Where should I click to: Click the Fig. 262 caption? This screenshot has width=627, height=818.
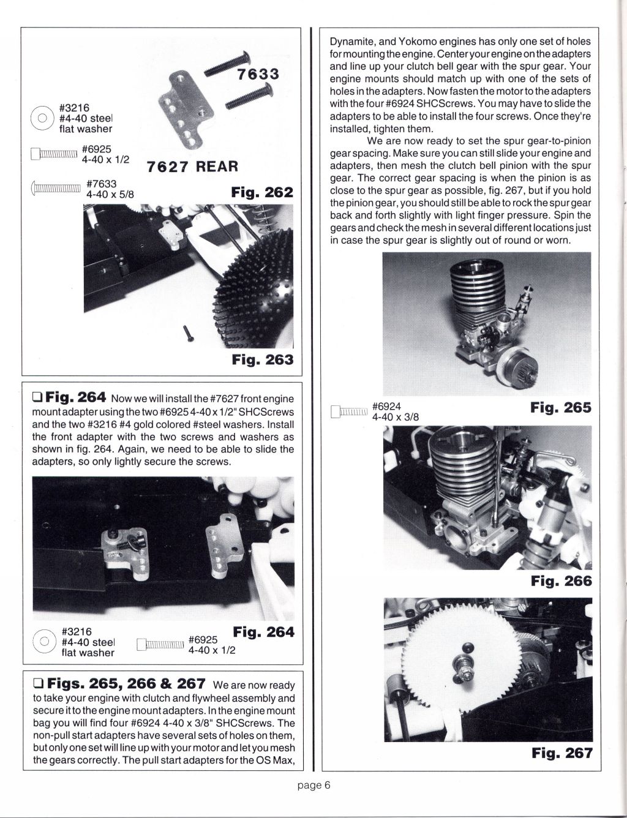(262, 192)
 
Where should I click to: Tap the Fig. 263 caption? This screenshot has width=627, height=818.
(262, 359)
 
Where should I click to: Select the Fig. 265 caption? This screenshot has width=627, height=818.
(561, 407)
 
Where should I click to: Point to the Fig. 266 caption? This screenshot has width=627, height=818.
(561, 580)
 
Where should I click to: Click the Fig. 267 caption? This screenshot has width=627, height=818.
(561, 752)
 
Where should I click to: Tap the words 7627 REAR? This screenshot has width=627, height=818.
(192, 167)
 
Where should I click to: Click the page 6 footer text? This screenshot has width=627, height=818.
(314, 786)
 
